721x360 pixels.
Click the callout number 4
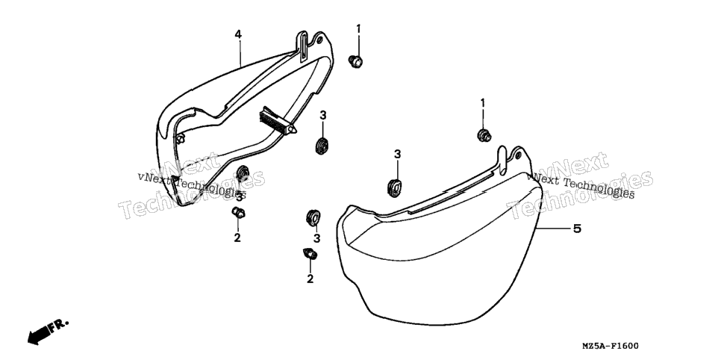point(238,34)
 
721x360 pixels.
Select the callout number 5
point(577,229)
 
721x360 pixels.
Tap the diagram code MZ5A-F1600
point(611,346)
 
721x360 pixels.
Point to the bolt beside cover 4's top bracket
point(355,60)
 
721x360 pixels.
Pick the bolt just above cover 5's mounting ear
point(484,135)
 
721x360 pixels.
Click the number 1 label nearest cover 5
point(483,103)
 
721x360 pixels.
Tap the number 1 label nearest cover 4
point(358,29)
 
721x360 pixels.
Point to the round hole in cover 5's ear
point(518,155)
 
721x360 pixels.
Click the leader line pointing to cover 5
point(553,229)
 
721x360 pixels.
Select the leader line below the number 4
point(239,53)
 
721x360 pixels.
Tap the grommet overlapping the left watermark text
point(242,175)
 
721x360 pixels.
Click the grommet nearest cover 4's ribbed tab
point(322,145)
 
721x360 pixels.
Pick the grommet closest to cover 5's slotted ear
point(395,187)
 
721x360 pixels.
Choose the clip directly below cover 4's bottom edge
point(238,213)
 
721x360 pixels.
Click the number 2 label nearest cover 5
point(310,279)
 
